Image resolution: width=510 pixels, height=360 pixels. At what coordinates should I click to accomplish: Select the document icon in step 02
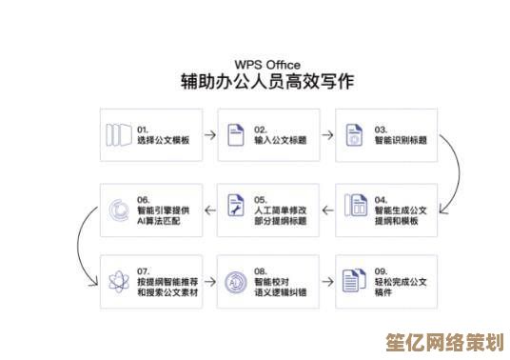tap(236, 134)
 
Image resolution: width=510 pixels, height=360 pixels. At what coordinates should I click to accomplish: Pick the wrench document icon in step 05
tap(236, 205)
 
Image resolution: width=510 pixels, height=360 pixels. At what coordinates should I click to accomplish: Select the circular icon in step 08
tap(236, 282)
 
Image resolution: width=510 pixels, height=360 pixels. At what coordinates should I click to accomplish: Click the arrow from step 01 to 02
tap(206, 134)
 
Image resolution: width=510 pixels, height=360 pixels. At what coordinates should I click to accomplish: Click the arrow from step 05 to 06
tap(206, 206)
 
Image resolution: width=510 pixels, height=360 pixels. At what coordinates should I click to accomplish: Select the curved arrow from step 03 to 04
tap(455, 171)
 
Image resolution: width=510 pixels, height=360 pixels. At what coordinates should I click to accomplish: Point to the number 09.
tap(380, 270)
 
